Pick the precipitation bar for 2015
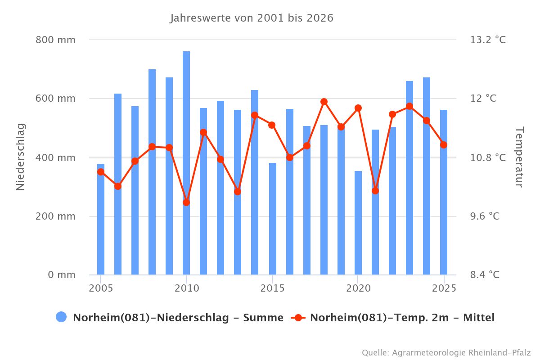(x=273, y=220)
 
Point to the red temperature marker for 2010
(x=186, y=202)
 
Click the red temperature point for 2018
(x=324, y=102)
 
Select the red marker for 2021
(x=375, y=191)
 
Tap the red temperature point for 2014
(x=255, y=115)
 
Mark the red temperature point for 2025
(x=444, y=145)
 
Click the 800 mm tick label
(x=55, y=40)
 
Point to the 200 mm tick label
(x=55, y=216)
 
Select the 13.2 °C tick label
(x=488, y=40)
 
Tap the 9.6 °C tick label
(x=485, y=216)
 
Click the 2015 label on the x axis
(x=272, y=288)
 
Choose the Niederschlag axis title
(x=21, y=157)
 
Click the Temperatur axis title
(x=519, y=157)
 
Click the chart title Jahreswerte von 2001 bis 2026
(x=252, y=18)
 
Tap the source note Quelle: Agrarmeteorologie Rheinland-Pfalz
(x=446, y=352)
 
